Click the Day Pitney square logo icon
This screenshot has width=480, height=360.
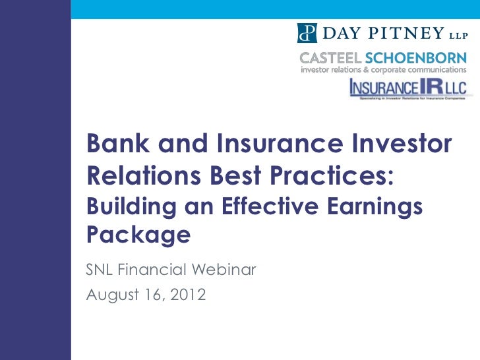tap(307, 32)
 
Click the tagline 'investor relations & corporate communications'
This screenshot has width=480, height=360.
tap(383, 69)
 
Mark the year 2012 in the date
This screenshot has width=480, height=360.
tap(187, 294)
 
